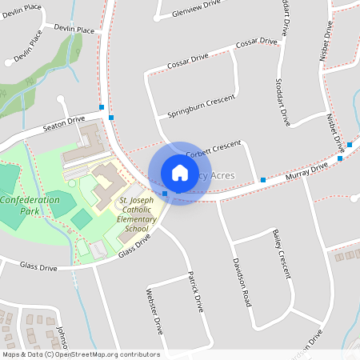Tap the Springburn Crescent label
click(x=202, y=106)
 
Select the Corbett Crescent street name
click(x=213, y=149)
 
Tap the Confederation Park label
click(x=30, y=206)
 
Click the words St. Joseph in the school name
click(x=137, y=201)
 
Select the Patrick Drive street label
click(x=195, y=291)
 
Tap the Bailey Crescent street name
click(x=280, y=253)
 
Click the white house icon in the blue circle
click(x=179, y=173)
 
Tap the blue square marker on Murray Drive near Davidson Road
click(x=263, y=180)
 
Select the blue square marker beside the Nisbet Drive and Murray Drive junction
click(x=340, y=158)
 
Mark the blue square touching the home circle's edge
click(x=165, y=194)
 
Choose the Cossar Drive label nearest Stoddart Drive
click(x=257, y=42)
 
